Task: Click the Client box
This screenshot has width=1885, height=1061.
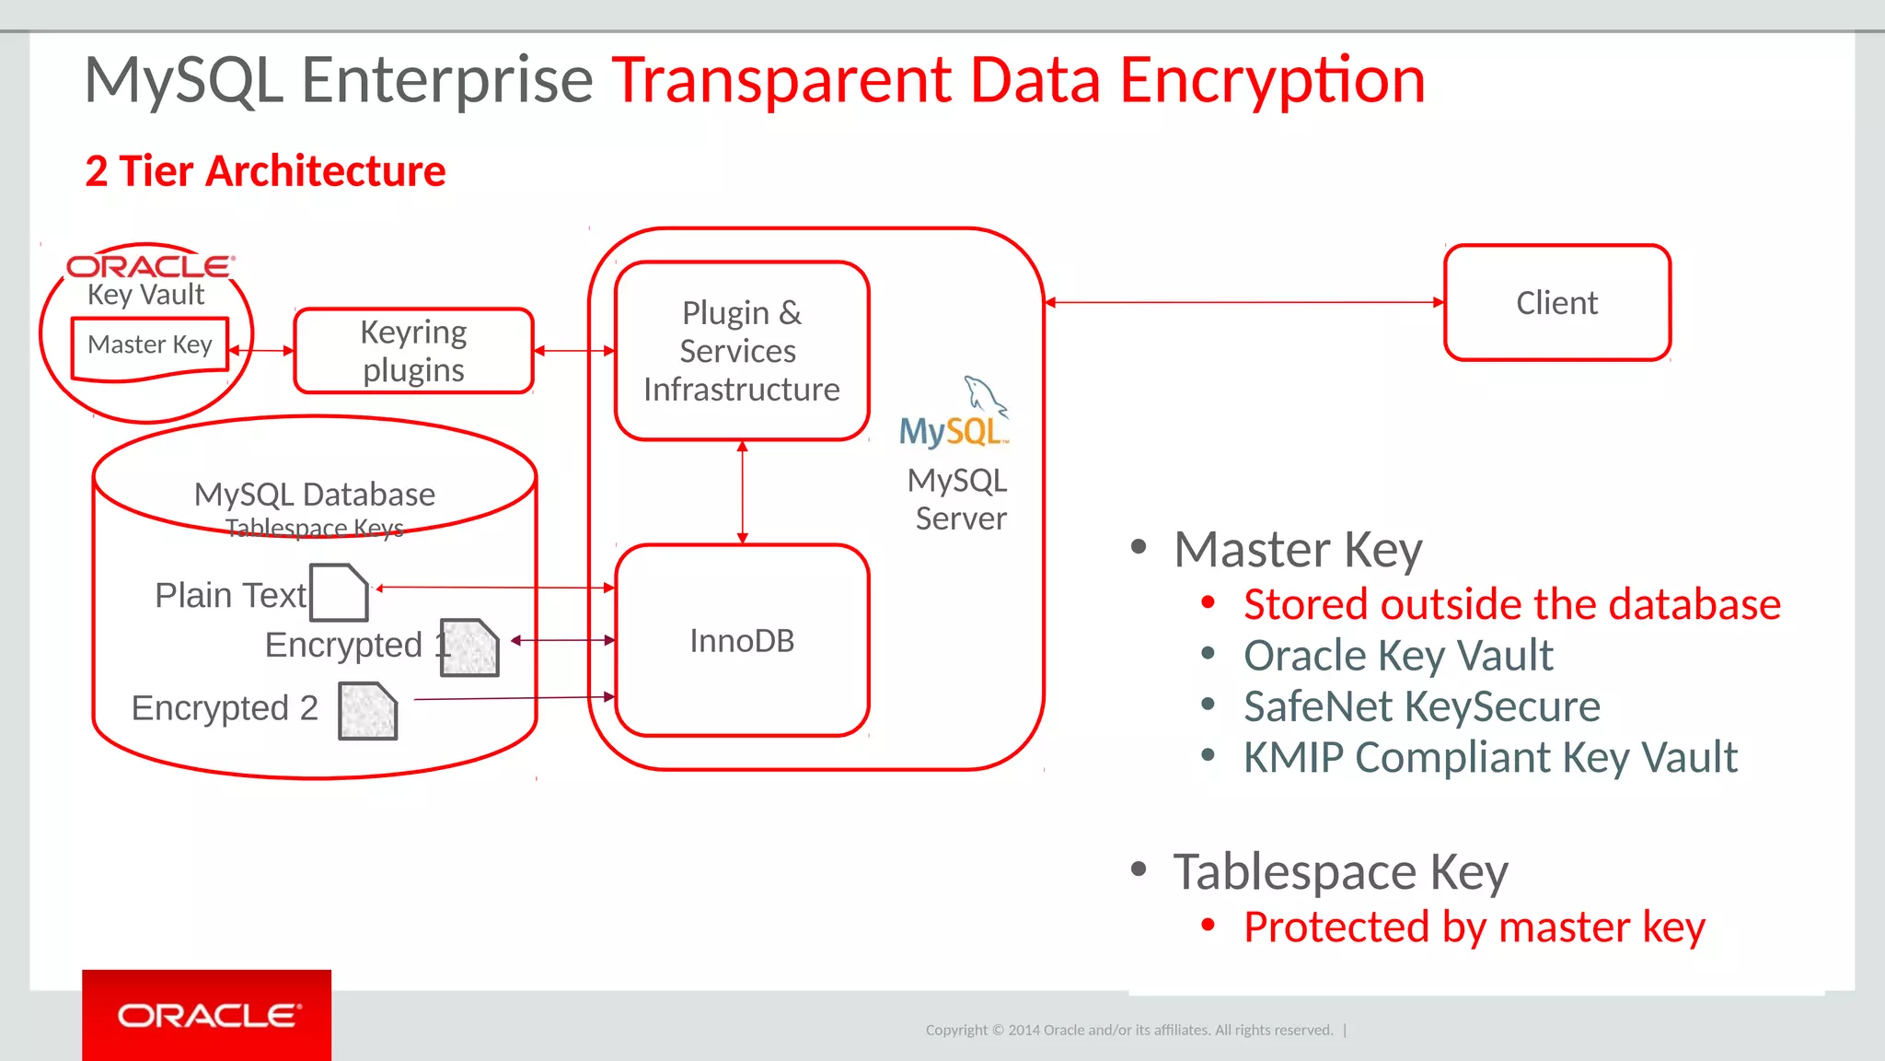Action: click(x=1556, y=302)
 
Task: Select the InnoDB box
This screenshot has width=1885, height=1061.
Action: click(x=742, y=640)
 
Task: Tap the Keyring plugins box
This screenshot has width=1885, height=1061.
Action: click(x=413, y=351)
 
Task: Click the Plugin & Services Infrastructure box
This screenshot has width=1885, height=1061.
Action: click(x=742, y=351)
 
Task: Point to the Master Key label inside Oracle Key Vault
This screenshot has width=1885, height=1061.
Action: click(x=150, y=345)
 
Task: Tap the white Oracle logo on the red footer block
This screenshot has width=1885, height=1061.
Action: click(x=208, y=1016)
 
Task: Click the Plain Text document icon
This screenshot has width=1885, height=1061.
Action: click(x=339, y=593)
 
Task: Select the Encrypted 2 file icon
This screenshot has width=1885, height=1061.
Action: click(x=367, y=711)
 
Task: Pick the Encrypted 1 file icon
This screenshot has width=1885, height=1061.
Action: click(x=469, y=647)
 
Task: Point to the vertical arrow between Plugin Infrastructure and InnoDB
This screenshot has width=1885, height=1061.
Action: click(x=743, y=493)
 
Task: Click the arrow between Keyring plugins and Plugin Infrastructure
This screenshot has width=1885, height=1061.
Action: click(x=574, y=351)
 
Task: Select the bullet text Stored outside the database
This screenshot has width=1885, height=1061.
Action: click(x=1511, y=605)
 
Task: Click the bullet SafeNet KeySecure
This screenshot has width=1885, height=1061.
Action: click(x=1421, y=707)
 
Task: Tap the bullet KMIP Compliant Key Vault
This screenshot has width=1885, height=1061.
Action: click(x=1490, y=758)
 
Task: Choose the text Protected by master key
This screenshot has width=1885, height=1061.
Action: click(x=1474, y=927)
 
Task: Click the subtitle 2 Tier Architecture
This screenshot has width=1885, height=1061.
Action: click(x=265, y=171)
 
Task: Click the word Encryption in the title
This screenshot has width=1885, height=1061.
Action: click(x=1272, y=80)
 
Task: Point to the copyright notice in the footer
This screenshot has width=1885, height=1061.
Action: click(x=1129, y=1030)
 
